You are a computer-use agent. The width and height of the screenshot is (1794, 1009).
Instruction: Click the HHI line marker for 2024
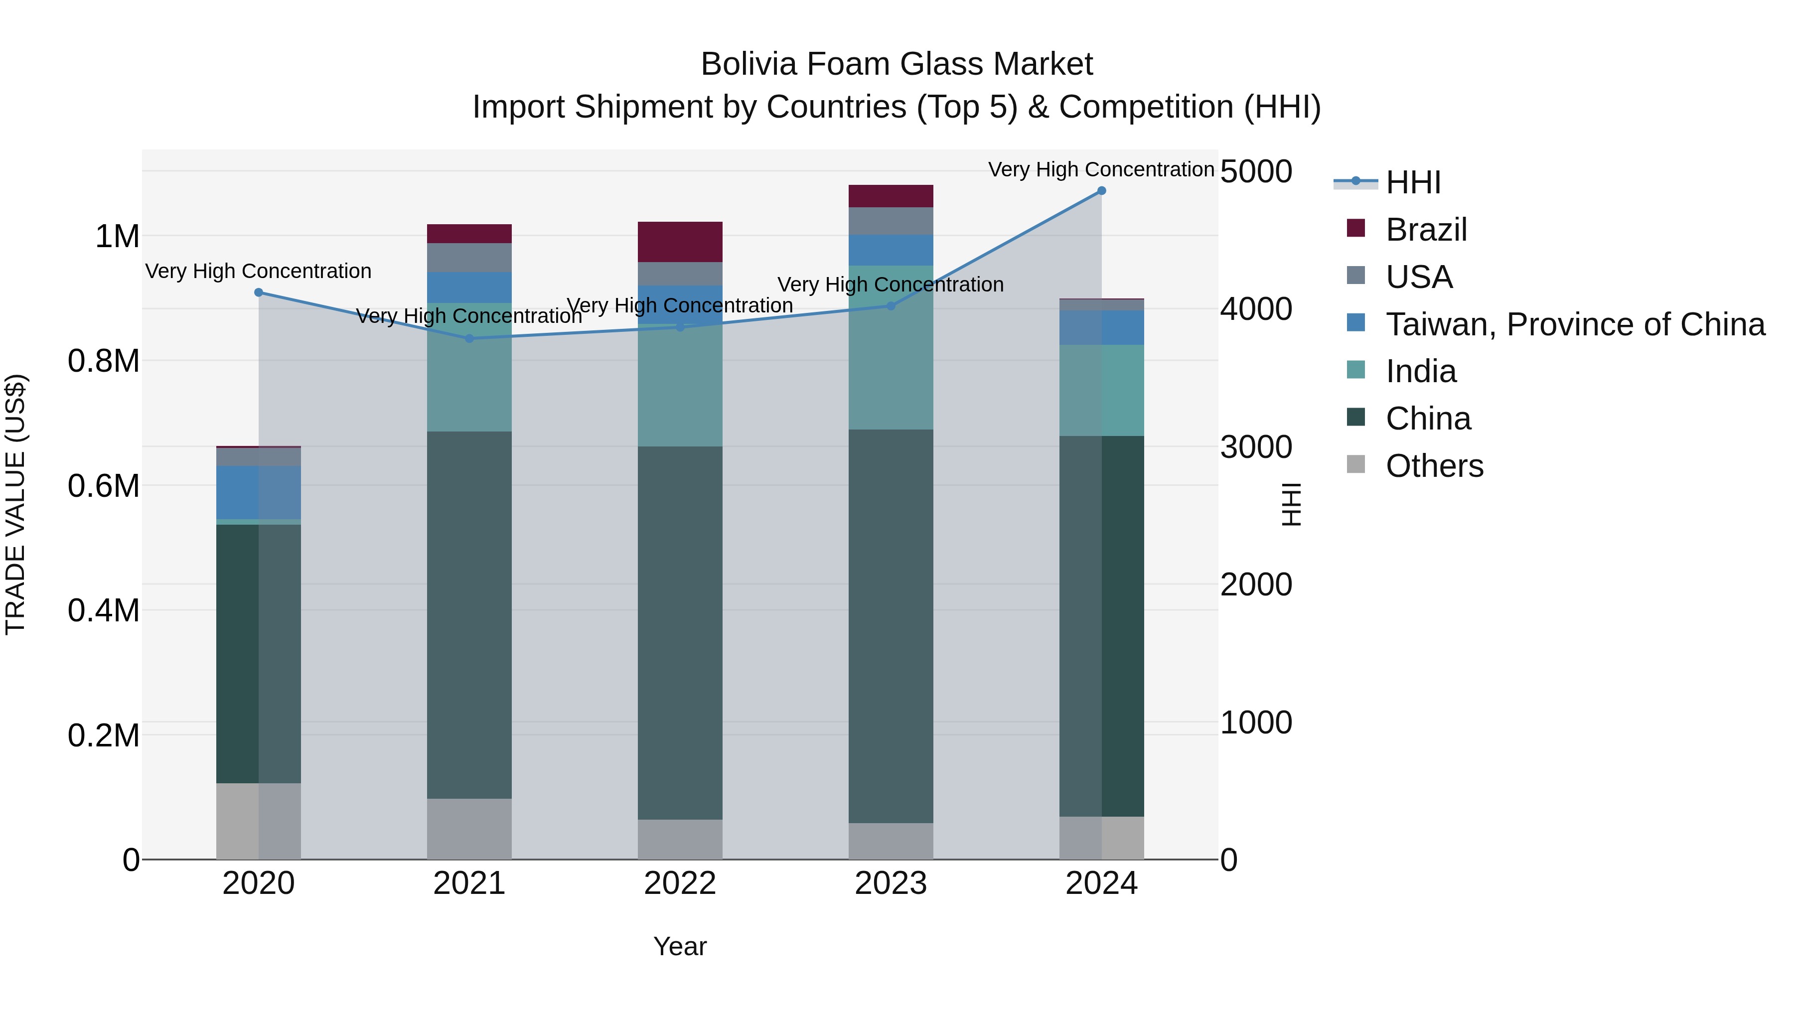1101,191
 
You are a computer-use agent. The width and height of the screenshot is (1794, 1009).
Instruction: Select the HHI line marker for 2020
258,292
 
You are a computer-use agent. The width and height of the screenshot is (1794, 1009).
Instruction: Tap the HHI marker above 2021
469,338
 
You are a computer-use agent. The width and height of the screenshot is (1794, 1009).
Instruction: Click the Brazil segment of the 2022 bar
680,242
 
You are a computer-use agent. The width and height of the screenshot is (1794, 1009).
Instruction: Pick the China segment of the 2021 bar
469,614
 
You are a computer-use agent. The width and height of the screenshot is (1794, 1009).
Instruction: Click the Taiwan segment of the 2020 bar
258,492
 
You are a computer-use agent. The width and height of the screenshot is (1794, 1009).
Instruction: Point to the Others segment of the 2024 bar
1101,837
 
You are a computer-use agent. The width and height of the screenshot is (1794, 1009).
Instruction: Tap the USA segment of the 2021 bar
469,257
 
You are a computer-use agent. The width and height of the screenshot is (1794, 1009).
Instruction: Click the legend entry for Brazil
1426,230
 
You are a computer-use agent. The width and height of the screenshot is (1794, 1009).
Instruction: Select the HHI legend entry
1412,182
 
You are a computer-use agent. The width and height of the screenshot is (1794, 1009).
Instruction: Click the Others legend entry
1434,466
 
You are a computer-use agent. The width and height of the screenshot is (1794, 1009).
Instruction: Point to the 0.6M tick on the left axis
104,486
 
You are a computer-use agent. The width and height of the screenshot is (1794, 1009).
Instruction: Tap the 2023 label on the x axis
891,883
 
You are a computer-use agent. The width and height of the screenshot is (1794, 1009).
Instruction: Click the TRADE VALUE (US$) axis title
16,504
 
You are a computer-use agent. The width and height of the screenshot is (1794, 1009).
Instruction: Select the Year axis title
680,946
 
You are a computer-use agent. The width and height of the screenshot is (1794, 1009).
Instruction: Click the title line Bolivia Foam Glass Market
897,64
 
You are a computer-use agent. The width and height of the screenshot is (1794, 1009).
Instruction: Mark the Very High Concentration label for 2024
1100,169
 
